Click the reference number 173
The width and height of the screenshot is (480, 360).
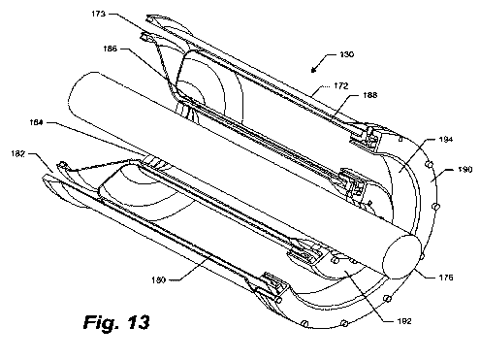pos(98,14)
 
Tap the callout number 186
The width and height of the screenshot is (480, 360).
pos(110,49)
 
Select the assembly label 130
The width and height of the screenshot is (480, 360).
pos(347,54)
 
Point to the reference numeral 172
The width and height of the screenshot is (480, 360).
pos(341,86)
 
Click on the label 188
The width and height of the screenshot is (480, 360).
pos(370,95)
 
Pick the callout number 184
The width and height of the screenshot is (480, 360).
pos(36,122)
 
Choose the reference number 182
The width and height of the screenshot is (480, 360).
pos(17,154)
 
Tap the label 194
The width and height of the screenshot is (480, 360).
pos(446,140)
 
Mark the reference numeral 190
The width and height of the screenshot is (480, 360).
pos(465,170)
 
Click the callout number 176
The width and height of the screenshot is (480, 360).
pos(446,278)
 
